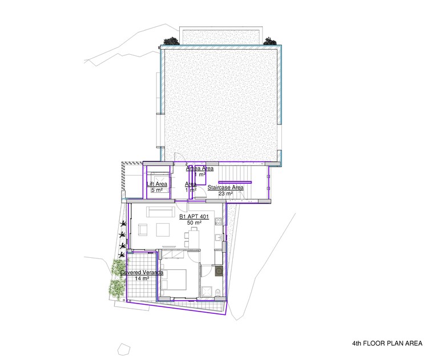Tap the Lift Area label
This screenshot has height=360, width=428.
[x=157, y=184]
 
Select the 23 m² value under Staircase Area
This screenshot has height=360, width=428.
[x=225, y=193]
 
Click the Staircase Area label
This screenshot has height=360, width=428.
[x=225, y=187]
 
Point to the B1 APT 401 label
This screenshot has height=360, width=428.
[x=193, y=217]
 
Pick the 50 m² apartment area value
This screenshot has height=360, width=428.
[x=193, y=223]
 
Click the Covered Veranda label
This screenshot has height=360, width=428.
[x=142, y=273]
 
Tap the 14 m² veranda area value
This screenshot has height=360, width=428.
[x=142, y=278]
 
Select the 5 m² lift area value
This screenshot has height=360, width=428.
[x=157, y=189]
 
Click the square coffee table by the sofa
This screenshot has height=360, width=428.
[x=162, y=230]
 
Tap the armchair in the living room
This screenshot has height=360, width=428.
[x=142, y=230]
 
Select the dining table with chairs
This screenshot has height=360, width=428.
[x=192, y=237]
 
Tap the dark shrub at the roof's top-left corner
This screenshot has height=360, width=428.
[x=170, y=41]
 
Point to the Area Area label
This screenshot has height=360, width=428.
[x=200, y=169]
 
